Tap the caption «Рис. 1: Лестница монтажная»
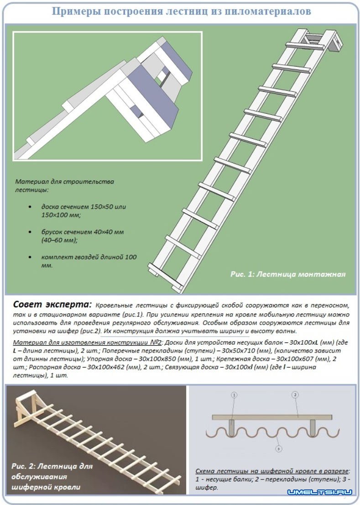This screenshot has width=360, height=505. pos(287,274)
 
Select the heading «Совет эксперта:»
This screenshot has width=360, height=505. pos(52,305)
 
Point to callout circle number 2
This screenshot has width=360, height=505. pos(295,395)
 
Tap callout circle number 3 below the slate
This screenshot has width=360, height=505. pos(278,449)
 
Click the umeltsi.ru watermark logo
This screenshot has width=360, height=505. pos(320,492)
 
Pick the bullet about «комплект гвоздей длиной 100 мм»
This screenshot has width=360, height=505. pos(89,261)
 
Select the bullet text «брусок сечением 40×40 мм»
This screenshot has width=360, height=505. pos(82,236)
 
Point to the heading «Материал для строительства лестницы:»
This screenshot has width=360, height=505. pos(64,185)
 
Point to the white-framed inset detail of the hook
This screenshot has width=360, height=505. pos(107,96)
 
